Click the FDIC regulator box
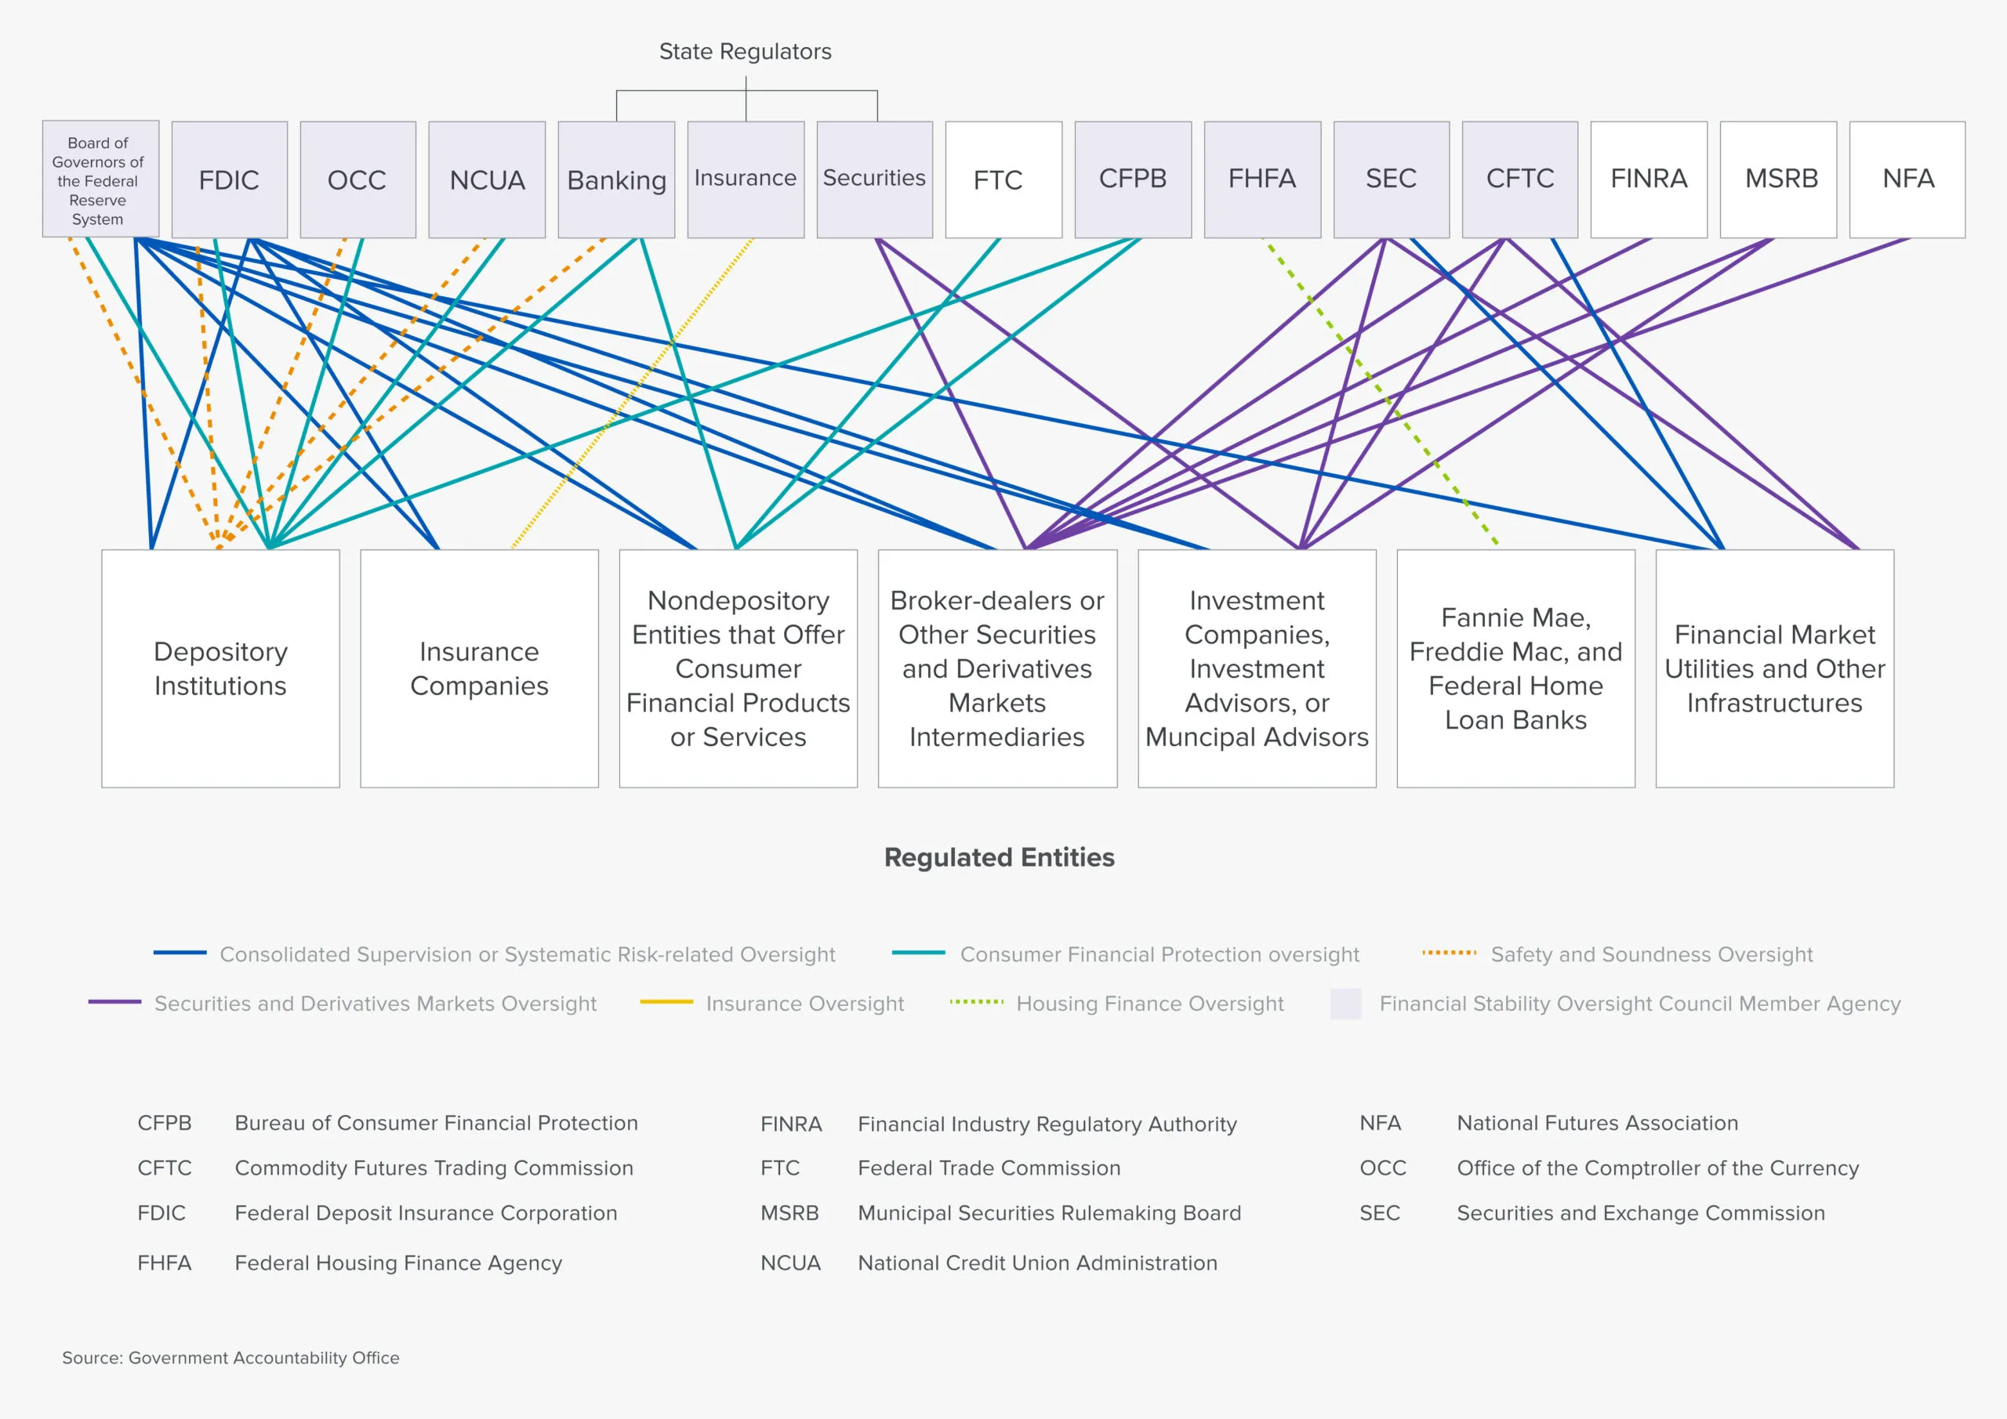point(229,179)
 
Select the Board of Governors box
point(100,179)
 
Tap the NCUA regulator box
point(487,179)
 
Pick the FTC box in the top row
point(1003,179)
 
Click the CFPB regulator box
point(1132,179)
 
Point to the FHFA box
point(1261,179)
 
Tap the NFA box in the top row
point(1907,179)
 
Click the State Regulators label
point(745,52)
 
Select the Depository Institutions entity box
point(220,668)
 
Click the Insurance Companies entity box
point(479,668)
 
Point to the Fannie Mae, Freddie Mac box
point(1515,668)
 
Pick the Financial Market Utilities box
point(1774,668)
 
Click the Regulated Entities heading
point(999,857)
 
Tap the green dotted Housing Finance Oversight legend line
point(976,1001)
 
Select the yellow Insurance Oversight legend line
point(666,1002)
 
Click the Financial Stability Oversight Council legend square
point(1345,1003)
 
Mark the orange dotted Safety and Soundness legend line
point(1449,953)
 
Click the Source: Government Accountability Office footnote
point(230,1358)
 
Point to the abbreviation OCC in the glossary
point(1382,1168)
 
